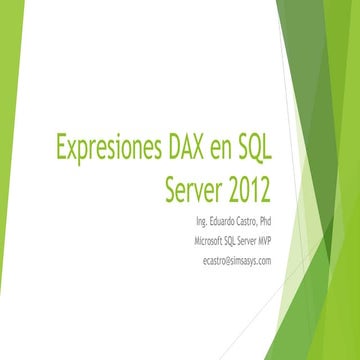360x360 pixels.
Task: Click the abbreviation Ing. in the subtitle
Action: coord(176,220)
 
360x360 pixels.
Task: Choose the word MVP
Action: coord(259,240)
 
